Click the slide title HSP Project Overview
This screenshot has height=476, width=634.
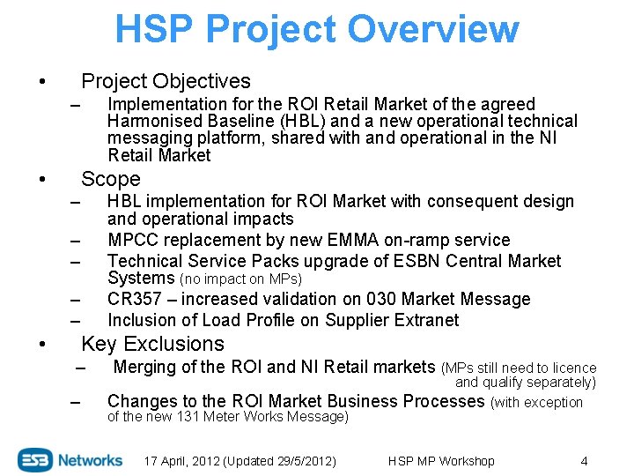[317, 29]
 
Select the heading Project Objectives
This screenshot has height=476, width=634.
[166, 81]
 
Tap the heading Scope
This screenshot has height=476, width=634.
[110, 179]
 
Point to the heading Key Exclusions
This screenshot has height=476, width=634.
[152, 344]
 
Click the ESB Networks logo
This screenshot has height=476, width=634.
[70, 460]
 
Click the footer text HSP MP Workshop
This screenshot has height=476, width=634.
[441, 461]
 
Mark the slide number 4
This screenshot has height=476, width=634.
[584, 461]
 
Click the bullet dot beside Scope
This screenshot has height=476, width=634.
[43, 181]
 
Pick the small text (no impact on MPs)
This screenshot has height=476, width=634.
[240, 279]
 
